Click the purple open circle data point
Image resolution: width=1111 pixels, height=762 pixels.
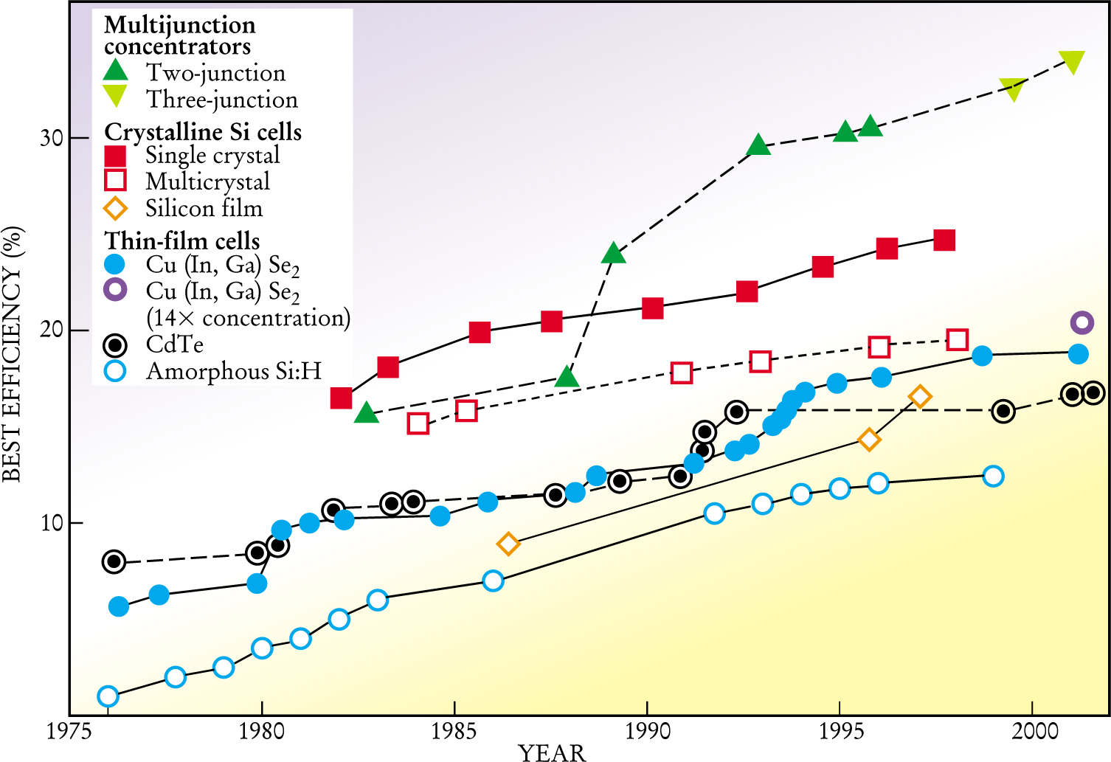pos(1081,322)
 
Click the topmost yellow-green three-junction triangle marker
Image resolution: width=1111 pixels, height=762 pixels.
pos(1071,62)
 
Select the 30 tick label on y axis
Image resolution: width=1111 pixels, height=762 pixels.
pos(52,138)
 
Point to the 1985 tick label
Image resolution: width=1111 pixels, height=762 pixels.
pos(454,732)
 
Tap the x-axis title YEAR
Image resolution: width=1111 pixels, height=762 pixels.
pos(552,752)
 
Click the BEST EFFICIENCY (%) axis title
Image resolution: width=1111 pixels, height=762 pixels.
pos(13,353)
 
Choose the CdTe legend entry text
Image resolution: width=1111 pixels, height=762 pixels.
pos(175,344)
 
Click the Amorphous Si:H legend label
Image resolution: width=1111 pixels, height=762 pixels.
pos(234,371)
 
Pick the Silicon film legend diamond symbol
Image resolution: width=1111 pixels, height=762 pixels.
pos(116,209)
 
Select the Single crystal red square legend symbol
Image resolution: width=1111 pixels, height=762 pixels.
pos(116,156)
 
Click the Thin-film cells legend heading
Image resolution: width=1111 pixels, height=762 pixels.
pos(182,241)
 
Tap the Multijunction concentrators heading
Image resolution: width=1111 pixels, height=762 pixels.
pos(179,35)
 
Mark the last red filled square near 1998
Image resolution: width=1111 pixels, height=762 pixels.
pos(944,240)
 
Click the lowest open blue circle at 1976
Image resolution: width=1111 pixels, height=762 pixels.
pos(108,696)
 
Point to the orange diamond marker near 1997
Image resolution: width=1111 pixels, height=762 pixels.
pos(919,397)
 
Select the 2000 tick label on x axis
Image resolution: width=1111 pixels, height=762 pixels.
pos(1033,732)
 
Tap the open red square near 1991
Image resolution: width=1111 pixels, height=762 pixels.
pos(682,373)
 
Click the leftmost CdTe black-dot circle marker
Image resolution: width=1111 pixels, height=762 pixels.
pos(114,561)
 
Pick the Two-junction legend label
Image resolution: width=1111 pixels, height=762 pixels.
pos(215,73)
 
